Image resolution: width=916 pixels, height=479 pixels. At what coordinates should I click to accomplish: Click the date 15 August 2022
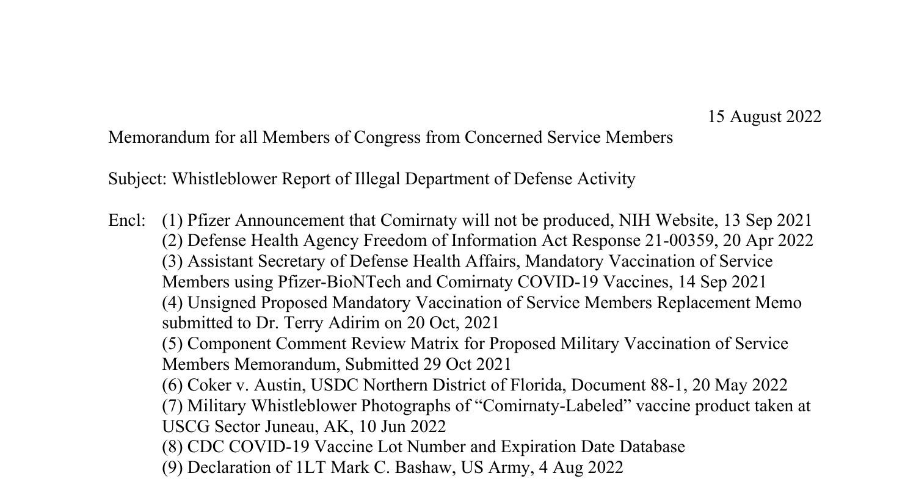765,117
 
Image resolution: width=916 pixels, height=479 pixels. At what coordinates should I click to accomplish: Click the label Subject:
137,179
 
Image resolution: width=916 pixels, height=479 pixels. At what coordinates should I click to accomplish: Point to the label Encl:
127,220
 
